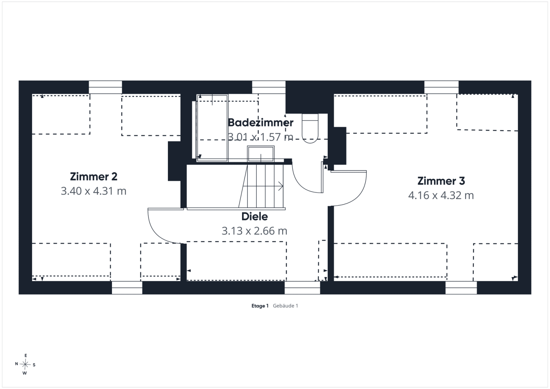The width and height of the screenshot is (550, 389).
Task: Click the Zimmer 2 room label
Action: [94, 176]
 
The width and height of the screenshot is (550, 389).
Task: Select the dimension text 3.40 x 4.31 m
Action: [94, 191]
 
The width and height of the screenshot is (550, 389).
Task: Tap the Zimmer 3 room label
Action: [441, 181]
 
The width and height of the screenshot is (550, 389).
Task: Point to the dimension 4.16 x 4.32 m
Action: [441, 196]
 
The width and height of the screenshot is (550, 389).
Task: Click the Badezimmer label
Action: [260, 122]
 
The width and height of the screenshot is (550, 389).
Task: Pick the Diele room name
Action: [254, 216]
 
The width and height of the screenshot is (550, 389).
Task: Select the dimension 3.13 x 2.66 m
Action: [254, 231]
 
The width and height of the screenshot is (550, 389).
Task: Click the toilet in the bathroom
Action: [310, 128]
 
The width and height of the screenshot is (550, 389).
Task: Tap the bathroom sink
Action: [261, 154]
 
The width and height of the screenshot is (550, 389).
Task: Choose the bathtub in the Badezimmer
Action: [213, 128]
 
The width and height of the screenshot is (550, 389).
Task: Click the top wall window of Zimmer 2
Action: [105, 87]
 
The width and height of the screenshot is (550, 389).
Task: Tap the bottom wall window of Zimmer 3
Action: [461, 287]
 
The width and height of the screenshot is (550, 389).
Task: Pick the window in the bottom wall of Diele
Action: [302, 287]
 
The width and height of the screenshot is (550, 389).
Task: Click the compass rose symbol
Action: [25, 365]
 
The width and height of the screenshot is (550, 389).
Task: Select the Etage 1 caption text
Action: [260, 306]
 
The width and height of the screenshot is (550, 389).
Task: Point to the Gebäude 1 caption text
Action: [285, 306]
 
